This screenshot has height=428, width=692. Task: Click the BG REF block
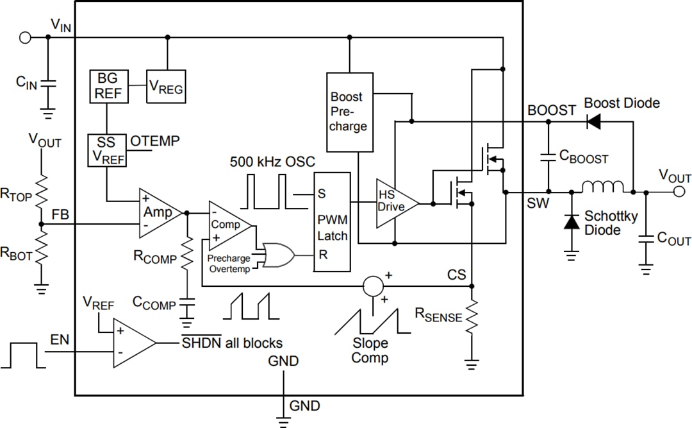107,86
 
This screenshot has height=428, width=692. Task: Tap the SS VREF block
107,150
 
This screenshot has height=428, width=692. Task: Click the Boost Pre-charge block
349,112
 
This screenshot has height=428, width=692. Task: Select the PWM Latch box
332,221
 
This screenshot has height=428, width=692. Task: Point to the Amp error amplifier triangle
159,212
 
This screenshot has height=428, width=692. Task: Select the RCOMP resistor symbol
187,255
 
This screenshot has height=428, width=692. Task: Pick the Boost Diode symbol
594,121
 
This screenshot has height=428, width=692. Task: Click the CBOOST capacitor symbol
548,156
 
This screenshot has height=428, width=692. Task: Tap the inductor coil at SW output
602,187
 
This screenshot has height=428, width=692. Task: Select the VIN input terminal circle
25,37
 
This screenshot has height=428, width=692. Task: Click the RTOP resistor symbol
41,190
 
